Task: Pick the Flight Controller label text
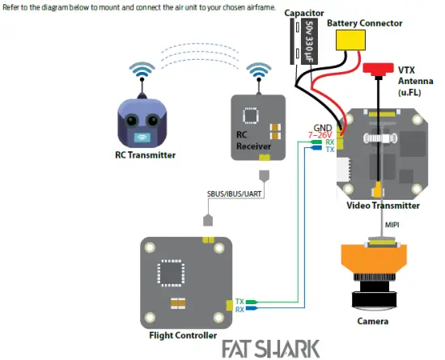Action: pos(183,334)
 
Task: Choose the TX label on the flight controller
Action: pos(239,300)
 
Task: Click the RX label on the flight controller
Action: pos(239,309)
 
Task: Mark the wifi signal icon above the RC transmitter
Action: pos(143,71)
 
